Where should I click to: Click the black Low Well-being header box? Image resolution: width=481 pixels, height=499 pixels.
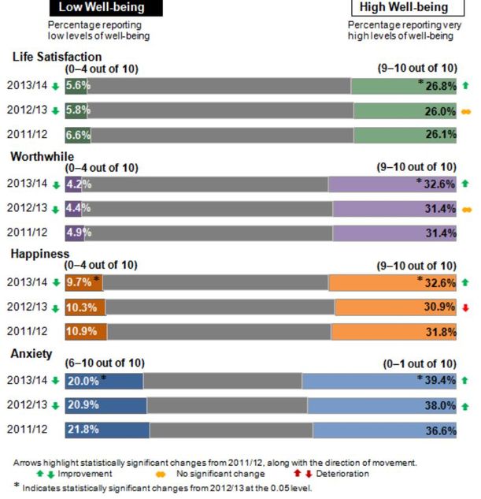click(105, 9)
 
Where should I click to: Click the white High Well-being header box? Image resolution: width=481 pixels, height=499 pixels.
click(403, 9)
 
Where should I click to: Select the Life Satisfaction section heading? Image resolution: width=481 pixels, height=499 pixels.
click(56, 57)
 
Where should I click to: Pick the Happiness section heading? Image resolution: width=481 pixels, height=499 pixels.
click(41, 253)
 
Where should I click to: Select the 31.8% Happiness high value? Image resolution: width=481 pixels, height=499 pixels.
click(440, 331)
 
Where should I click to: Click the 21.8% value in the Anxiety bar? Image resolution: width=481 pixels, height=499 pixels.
click(84, 430)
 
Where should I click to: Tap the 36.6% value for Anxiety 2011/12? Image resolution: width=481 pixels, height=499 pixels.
click(440, 430)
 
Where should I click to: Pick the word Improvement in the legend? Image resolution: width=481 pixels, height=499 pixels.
click(85, 474)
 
